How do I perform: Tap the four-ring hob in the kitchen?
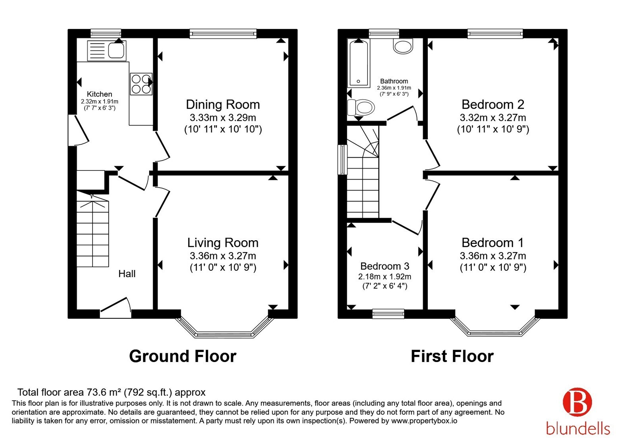click(x=141, y=84)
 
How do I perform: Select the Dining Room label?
click(x=223, y=105)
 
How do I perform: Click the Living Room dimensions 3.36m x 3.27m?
click(x=223, y=256)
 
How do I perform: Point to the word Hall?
click(x=127, y=274)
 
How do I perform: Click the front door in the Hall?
click(x=115, y=308)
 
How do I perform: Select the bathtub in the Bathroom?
click(x=359, y=63)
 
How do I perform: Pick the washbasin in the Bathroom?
click(x=403, y=46)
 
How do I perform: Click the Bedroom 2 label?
click(x=493, y=105)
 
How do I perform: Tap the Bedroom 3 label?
click(x=385, y=266)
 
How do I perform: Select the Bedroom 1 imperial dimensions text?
click(x=493, y=267)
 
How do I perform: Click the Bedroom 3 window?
click(x=388, y=314)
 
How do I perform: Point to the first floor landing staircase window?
click(x=343, y=160)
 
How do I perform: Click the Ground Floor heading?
click(x=183, y=356)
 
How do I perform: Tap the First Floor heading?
click(x=452, y=356)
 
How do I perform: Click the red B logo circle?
click(x=577, y=402)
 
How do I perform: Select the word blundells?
click(x=578, y=429)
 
